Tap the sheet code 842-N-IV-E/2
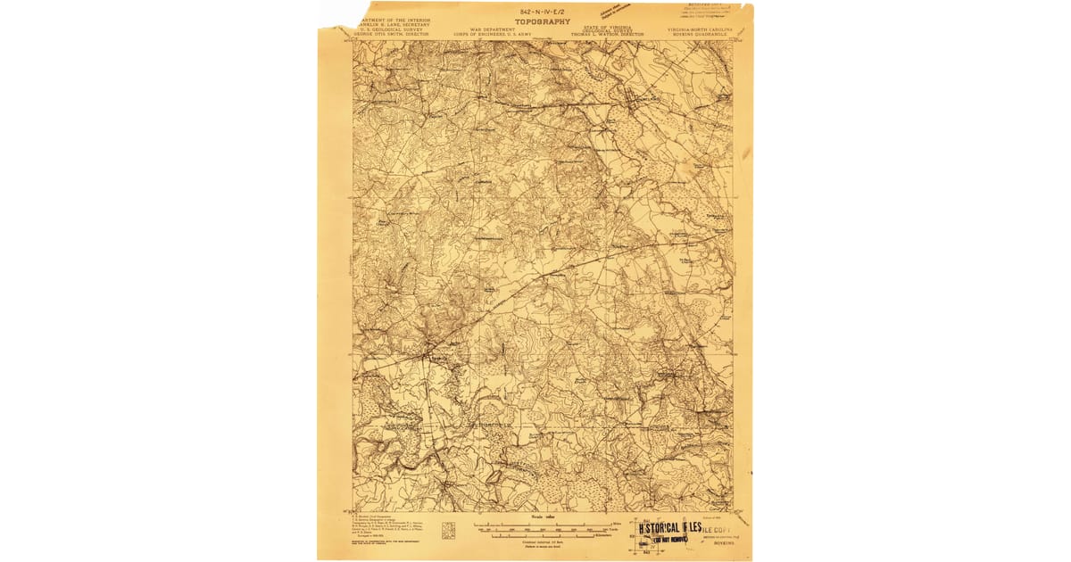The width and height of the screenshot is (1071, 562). pyautogui.click(x=543, y=10)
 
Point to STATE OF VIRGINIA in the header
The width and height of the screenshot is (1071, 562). pyautogui.click(x=607, y=27)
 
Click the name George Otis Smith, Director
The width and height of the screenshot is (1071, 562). pyautogui.click(x=394, y=34)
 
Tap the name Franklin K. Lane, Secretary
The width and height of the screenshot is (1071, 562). pyautogui.click(x=394, y=25)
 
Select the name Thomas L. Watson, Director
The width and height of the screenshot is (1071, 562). pyautogui.click(x=607, y=34)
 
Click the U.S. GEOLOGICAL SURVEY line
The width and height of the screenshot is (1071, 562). pyautogui.click(x=394, y=29)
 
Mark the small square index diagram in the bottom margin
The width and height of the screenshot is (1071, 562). pyautogui.click(x=448, y=531)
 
